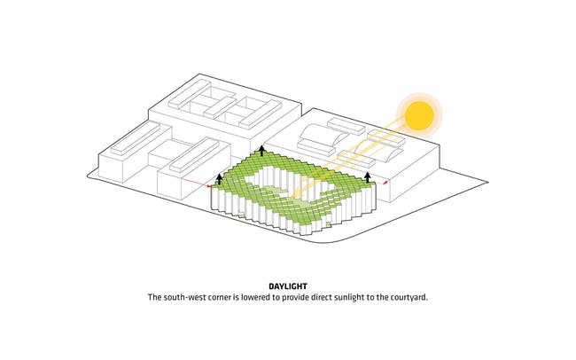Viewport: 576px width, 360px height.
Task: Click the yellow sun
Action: coord(419,115)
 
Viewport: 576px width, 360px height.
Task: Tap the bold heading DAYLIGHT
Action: coord(288,286)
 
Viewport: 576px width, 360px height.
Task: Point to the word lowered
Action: coord(255,297)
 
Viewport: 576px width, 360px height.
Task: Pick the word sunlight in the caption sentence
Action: coord(348,297)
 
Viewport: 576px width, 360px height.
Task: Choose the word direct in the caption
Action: coord(322,297)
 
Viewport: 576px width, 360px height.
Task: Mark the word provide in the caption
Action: coord(296,297)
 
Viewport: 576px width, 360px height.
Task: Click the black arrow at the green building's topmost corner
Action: coord(261,151)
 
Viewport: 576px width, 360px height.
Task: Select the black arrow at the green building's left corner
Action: coord(219,179)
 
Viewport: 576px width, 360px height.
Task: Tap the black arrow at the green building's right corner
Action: coord(368,177)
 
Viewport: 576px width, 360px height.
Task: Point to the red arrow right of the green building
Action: coord(385,182)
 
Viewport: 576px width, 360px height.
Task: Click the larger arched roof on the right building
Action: coord(323,133)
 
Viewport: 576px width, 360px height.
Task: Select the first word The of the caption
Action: coord(154,297)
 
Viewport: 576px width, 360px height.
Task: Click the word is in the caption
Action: coord(236,297)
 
